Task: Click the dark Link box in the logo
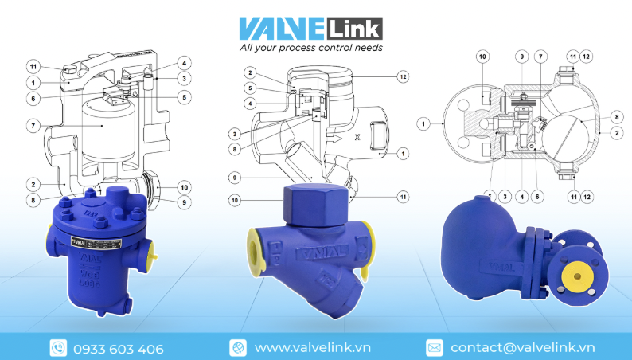354,29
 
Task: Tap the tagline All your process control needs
311,48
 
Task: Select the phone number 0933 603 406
118,349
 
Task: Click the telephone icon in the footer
58,348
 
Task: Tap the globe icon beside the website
238,348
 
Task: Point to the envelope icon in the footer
434,348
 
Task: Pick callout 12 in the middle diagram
404,76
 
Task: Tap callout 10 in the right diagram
483,56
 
